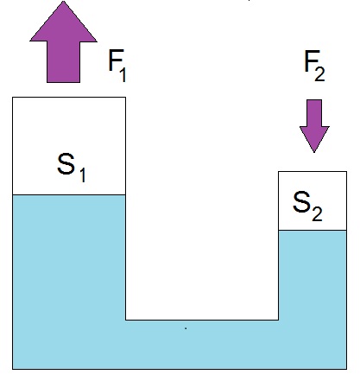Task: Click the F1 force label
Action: (x=117, y=66)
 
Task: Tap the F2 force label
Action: (x=315, y=66)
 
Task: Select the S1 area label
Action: (x=72, y=168)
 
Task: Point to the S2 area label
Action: (x=307, y=206)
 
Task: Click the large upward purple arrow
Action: (x=63, y=41)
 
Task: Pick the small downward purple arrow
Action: (x=314, y=126)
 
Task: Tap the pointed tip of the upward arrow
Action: (x=63, y=2)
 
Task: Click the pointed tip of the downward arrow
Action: (x=314, y=152)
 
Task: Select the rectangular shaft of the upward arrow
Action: (x=63, y=62)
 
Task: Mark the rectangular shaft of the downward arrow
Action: (x=314, y=113)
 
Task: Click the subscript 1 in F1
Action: (x=123, y=74)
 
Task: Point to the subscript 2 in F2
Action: (x=319, y=74)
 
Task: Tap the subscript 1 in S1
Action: (x=82, y=175)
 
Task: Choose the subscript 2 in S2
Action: (x=317, y=214)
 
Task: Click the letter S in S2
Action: (x=301, y=202)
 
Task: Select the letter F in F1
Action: (x=113, y=60)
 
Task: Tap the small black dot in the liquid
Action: (x=186, y=328)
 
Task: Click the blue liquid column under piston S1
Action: (x=69, y=257)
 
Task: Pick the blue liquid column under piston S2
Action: (x=313, y=275)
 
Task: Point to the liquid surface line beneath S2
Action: (x=313, y=230)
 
